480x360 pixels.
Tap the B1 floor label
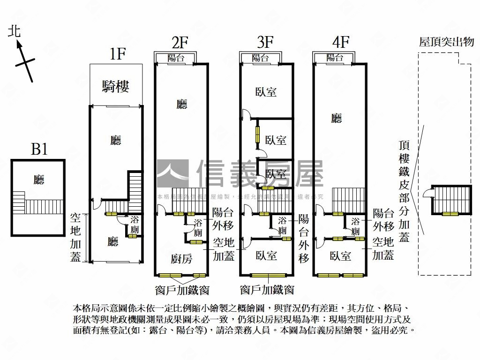click(39, 150)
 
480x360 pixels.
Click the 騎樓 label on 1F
click(116, 86)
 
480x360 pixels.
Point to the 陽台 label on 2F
click(176, 58)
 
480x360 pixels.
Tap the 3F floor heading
click(265, 42)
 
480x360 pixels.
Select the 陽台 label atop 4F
click(335, 58)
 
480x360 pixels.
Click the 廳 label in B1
click(39, 180)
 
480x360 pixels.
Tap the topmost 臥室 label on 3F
click(266, 92)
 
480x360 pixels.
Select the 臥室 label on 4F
click(340, 256)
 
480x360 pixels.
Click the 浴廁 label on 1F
click(134, 225)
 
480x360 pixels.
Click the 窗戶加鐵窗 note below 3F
click(267, 289)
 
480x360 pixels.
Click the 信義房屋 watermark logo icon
click(172, 173)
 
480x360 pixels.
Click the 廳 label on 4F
click(336, 119)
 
